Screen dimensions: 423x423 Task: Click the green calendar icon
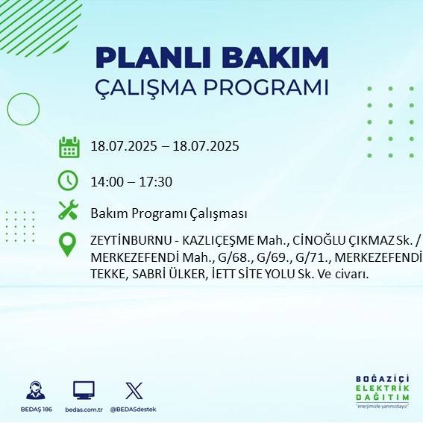pyautogui.click(x=69, y=147)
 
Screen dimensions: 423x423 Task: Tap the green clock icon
pyautogui.click(x=68, y=181)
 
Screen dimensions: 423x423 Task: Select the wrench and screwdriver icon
pyautogui.click(x=68, y=211)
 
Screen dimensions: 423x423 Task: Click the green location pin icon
pyautogui.click(x=68, y=244)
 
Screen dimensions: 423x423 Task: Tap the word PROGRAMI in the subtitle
pyautogui.click(x=271, y=87)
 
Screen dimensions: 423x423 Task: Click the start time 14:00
pyautogui.click(x=106, y=181)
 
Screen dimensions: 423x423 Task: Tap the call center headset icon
pyautogui.click(x=34, y=390)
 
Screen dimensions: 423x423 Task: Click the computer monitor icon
pyautogui.click(x=84, y=390)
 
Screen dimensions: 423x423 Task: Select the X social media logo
pyautogui.click(x=134, y=390)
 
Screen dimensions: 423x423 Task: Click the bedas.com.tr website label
pyautogui.click(x=83, y=410)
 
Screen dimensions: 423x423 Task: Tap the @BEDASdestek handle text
pyautogui.click(x=134, y=410)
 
